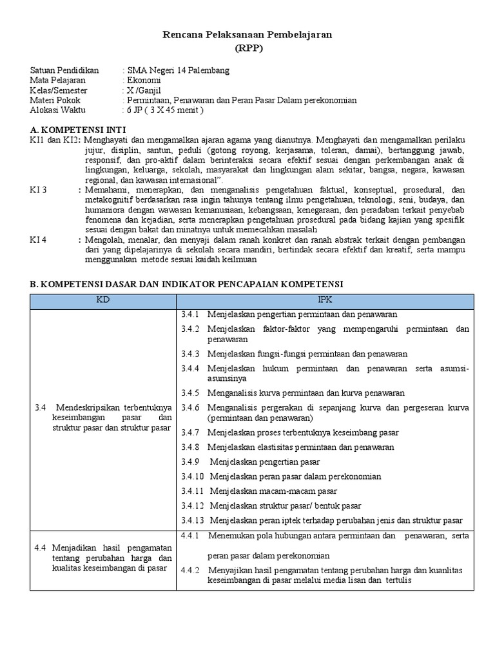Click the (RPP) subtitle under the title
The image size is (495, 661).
pos(247,48)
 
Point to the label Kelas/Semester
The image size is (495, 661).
pos(59,90)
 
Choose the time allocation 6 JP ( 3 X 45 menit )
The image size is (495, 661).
pos(165,110)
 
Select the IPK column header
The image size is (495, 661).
pos(325,300)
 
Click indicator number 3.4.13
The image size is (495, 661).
pos(192,520)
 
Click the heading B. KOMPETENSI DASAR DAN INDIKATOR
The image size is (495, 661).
pos(188,283)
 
